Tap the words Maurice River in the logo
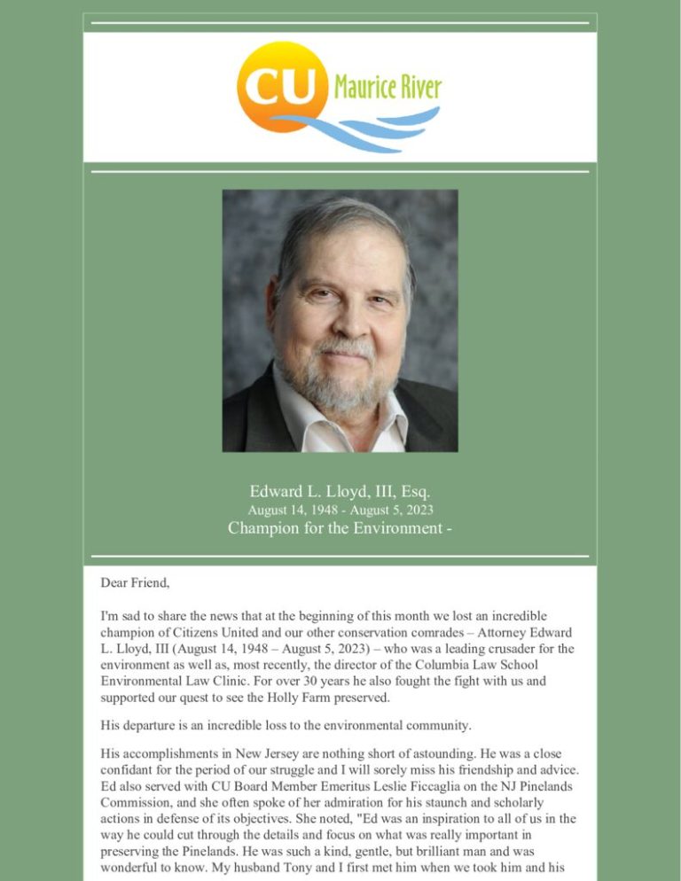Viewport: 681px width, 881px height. point(387,87)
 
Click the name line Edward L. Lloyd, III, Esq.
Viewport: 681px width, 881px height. point(340,491)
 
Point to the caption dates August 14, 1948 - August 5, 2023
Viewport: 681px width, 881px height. point(340,510)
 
